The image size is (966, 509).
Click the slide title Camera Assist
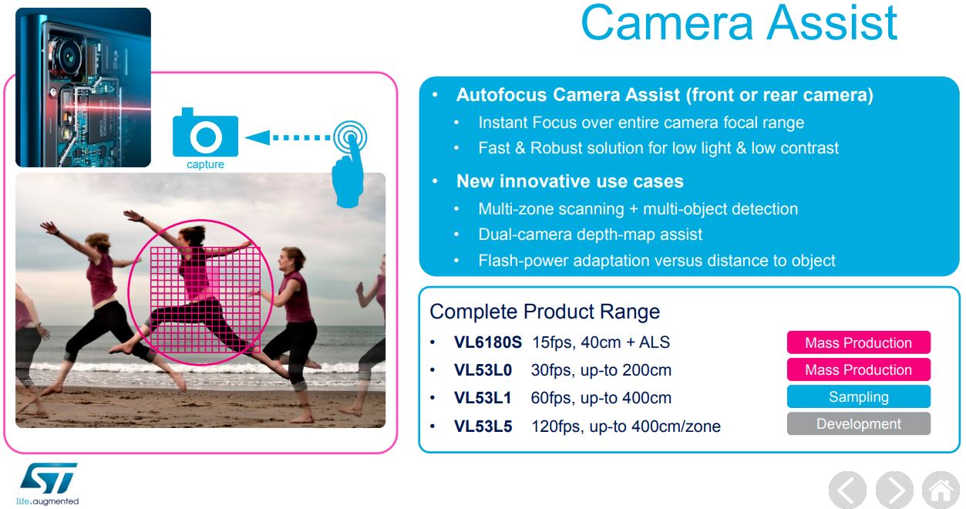739,23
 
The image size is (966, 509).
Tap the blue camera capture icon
205,134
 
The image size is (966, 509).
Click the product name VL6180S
488,342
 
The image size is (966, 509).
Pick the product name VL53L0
483,370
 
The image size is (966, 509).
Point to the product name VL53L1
483,398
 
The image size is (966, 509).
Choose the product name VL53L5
483,426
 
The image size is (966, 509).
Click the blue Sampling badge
858,397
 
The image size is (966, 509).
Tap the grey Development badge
858,424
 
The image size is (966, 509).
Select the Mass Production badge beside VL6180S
858,343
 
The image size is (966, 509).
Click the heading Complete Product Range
544,312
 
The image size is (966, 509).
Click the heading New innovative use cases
570,181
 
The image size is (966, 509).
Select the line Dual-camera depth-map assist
590,234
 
